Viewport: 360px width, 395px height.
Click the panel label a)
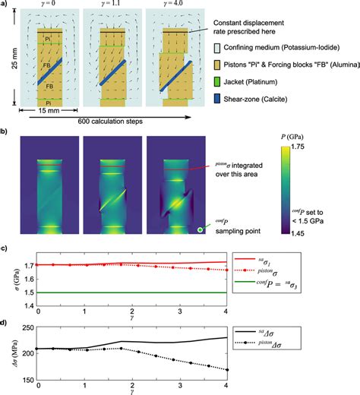(7, 5)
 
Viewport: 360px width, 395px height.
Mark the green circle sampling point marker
(199, 228)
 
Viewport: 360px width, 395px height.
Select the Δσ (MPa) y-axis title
(7, 352)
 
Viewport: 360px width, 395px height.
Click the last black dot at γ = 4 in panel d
(227, 370)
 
